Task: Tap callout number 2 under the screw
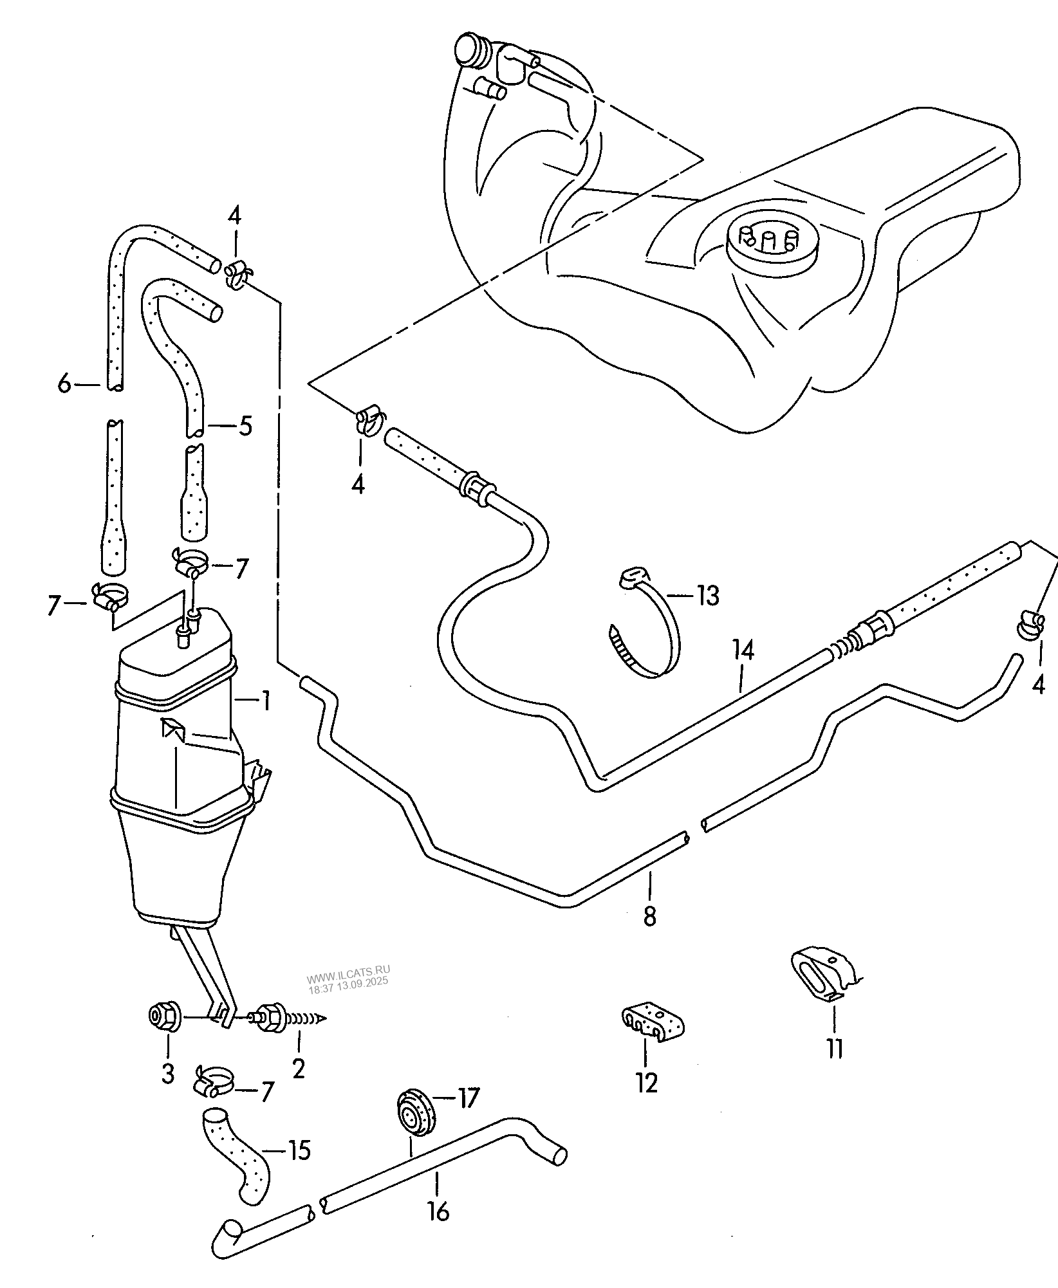[x=298, y=1069]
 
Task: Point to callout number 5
[x=245, y=427]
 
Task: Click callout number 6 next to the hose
[x=64, y=385]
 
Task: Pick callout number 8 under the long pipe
[x=649, y=915]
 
